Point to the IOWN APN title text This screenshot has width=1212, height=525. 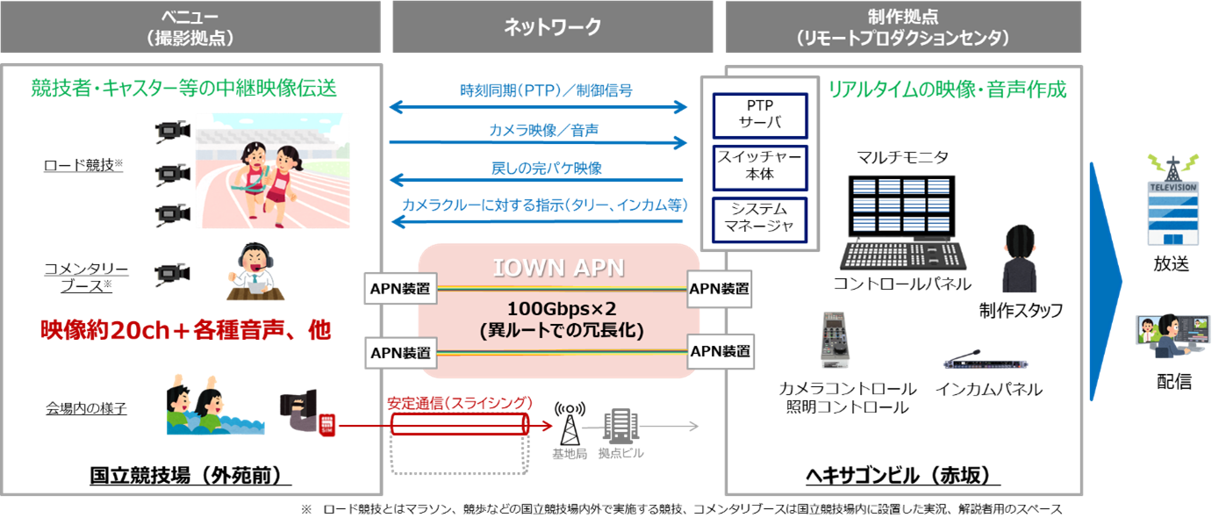pos(558,267)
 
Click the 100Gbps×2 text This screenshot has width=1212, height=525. pos(558,309)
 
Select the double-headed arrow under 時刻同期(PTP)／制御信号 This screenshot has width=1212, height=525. pos(538,107)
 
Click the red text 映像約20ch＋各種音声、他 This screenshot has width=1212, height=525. pos(185,330)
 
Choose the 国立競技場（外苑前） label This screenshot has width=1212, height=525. pos(190,475)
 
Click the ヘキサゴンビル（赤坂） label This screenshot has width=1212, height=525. pos(903,475)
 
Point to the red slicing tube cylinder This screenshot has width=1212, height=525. pos(460,426)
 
